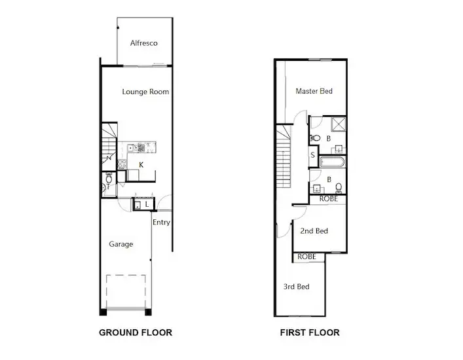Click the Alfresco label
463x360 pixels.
pyautogui.click(x=143, y=43)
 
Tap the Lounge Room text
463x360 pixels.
pyautogui.click(x=145, y=92)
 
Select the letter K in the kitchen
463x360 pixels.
pyautogui.click(x=141, y=164)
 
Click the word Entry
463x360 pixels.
pyautogui.click(x=161, y=223)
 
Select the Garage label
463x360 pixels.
pyautogui.click(x=120, y=244)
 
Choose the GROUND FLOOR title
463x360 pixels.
pyautogui.click(x=135, y=333)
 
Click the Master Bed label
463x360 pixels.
pyautogui.click(x=314, y=91)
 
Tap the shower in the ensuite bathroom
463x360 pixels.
pyautogui.click(x=339, y=124)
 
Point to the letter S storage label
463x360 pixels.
pyautogui.click(x=313, y=155)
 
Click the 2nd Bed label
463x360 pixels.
pyautogui.click(x=314, y=231)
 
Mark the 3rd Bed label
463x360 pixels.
pyautogui.click(x=296, y=287)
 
